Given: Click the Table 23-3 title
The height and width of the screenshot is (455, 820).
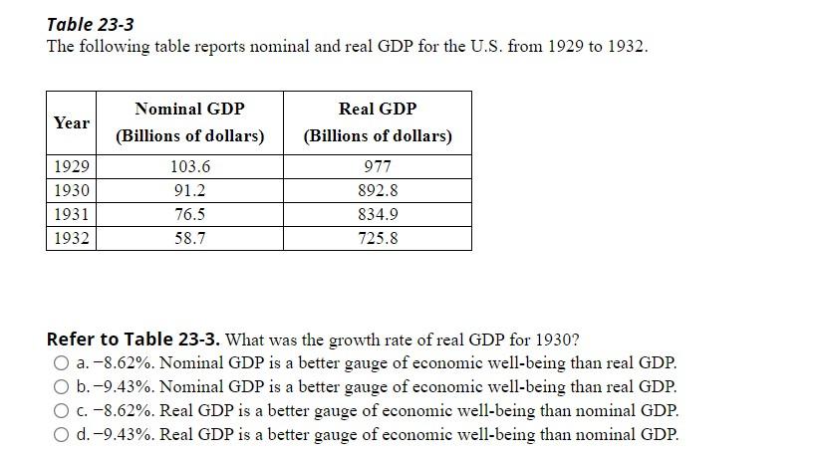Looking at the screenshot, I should click(91, 24).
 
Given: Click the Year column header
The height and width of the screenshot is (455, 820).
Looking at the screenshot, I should click(72, 122).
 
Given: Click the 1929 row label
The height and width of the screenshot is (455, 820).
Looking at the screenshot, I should click(72, 167).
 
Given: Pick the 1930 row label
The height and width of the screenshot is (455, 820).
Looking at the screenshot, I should click(72, 190).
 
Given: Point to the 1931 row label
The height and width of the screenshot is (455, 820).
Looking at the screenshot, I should click(72, 214).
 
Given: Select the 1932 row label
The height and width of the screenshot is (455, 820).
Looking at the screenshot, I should click(72, 238).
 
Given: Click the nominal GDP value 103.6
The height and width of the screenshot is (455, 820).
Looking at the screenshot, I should click(190, 167).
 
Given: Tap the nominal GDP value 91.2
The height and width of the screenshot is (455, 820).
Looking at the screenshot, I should click(190, 190).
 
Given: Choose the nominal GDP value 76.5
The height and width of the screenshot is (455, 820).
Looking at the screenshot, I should click(190, 214).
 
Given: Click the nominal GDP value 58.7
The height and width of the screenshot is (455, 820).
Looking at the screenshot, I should click(190, 238).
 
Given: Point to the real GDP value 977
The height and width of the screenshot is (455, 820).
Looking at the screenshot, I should click(378, 167).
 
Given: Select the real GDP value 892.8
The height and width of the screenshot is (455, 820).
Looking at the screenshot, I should click(378, 190).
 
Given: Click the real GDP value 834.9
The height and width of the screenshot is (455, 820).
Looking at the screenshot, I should click(378, 214).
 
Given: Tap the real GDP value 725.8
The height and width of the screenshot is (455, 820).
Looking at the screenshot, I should click(378, 238).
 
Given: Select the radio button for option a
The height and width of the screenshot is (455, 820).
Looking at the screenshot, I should click(62, 363).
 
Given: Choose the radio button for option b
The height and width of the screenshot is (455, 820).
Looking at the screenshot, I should click(62, 387).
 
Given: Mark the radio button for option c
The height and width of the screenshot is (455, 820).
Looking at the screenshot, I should click(62, 410).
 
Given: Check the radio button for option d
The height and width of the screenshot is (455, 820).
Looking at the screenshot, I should click(62, 434).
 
